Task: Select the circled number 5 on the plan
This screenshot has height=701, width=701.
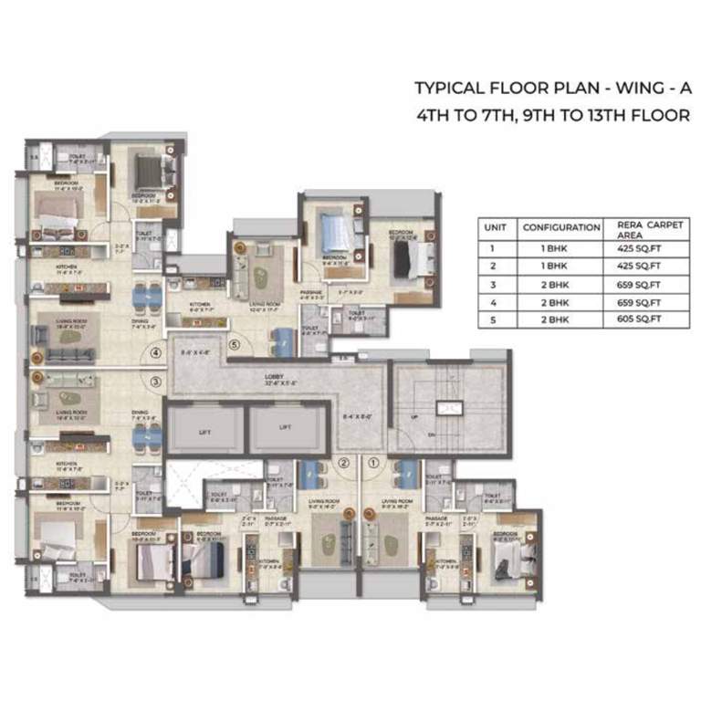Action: pyautogui.click(x=235, y=344)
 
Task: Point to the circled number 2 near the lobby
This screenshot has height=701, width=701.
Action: pyautogui.click(x=343, y=463)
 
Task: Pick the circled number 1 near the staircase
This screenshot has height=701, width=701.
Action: pyautogui.click(x=373, y=463)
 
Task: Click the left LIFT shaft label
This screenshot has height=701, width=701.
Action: pyautogui.click(x=204, y=426)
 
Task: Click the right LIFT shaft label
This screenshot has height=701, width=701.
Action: pyautogui.click(x=285, y=426)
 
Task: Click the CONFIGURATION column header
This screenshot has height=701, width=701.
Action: pyautogui.click(x=560, y=227)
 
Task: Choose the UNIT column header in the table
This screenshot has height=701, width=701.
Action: pyautogui.click(x=496, y=227)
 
